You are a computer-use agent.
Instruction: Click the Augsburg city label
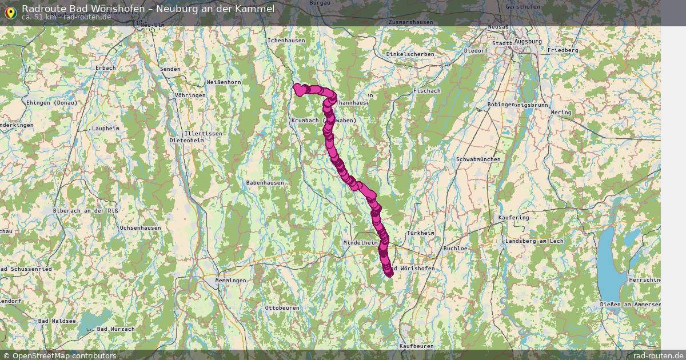[x=528, y=42]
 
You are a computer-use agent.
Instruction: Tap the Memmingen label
[x=230, y=281]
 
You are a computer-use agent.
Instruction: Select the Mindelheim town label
[x=361, y=243]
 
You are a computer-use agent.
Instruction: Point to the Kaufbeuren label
[x=416, y=346]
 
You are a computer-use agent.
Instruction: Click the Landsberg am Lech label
[x=534, y=241]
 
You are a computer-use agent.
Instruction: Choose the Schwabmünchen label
[x=478, y=159]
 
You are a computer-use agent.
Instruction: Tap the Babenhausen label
[x=265, y=182]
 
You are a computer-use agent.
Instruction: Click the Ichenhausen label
[x=286, y=41]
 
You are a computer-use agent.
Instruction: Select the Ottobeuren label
[x=282, y=308]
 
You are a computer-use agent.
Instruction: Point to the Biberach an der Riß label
[x=86, y=211]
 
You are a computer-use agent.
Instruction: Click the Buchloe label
[x=456, y=249]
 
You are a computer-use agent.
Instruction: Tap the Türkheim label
[x=420, y=233]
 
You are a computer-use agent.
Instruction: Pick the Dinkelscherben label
[x=410, y=54]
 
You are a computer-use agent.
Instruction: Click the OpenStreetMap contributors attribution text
[x=64, y=355]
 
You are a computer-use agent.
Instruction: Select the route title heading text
[x=148, y=8]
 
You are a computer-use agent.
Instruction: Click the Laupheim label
[x=105, y=129]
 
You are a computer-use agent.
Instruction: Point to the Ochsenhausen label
[x=140, y=228]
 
